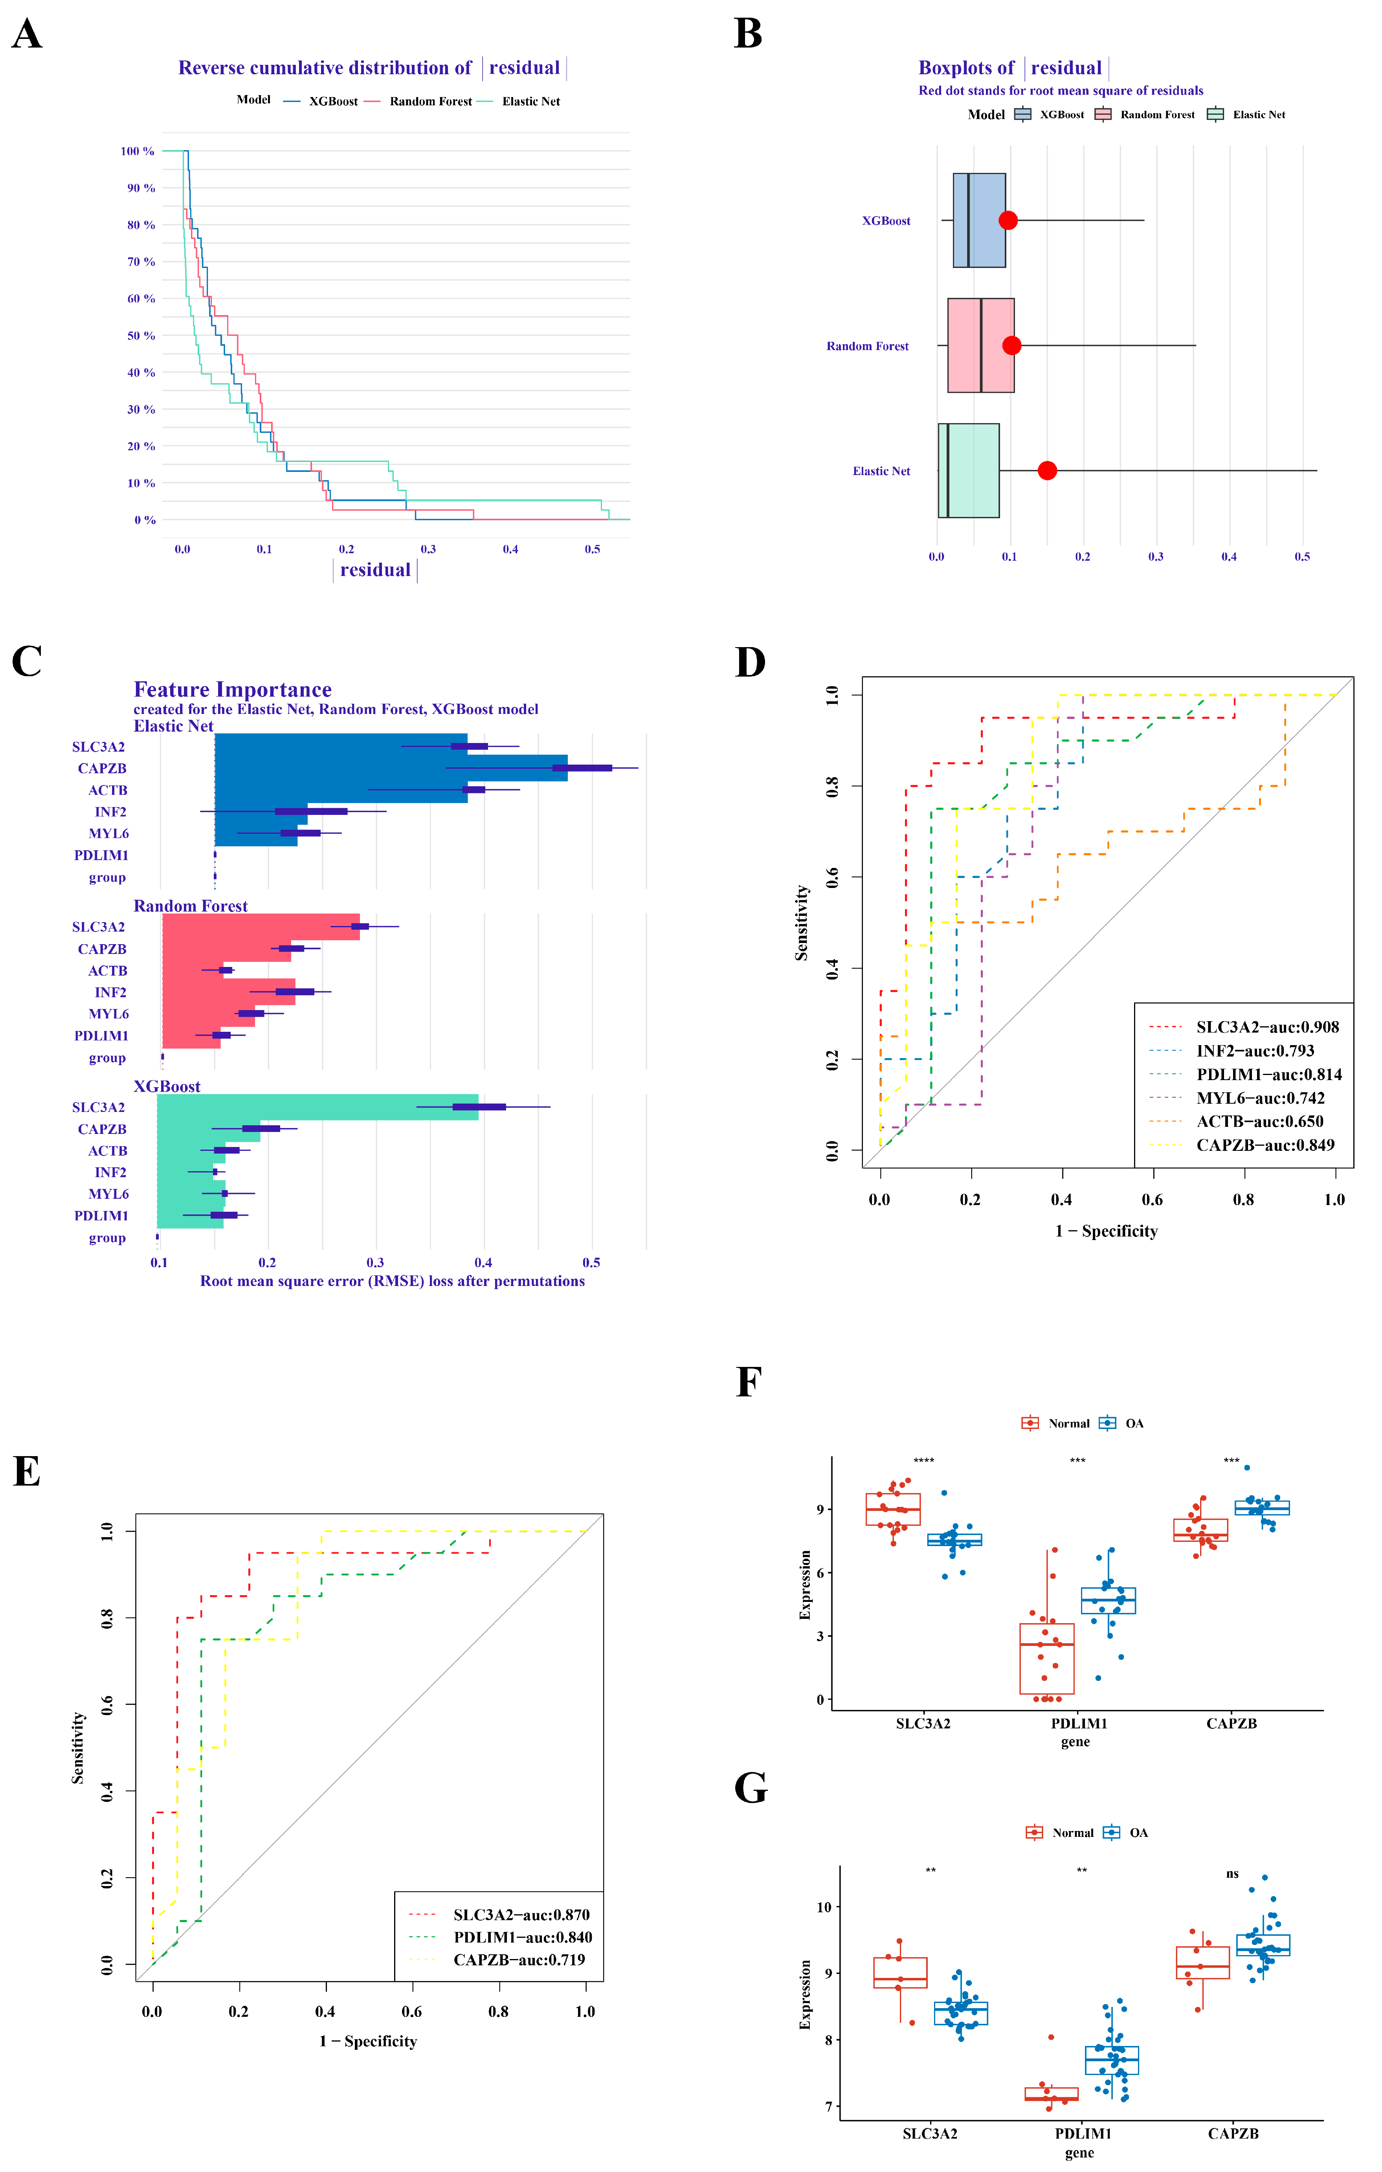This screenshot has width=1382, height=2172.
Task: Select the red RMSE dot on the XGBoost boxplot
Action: click(x=1008, y=220)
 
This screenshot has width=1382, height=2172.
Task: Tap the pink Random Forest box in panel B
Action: click(x=980, y=345)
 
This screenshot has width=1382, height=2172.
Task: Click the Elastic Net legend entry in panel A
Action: click(x=530, y=101)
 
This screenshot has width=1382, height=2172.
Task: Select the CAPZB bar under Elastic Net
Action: click(x=391, y=768)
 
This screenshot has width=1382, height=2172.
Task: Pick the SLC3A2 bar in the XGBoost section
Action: click(x=318, y=1107)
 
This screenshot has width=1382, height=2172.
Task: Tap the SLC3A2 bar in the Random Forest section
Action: click(x=261, y=926)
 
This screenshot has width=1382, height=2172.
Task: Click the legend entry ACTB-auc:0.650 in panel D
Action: click(x=1259, y=1121)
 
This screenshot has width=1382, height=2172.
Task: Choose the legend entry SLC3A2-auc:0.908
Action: click(x=1266, y=1026)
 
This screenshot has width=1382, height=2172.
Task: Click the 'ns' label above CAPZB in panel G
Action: click(x=1232, y=1873)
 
